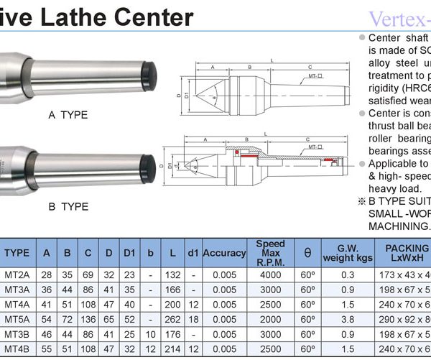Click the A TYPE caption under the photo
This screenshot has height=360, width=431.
[x=68, y=114]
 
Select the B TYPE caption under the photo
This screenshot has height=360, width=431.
[x=68, y=207]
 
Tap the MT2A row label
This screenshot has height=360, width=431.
[x=17, y=275]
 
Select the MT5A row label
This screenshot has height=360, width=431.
[x=17, y=318]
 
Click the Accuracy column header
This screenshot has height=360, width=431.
[x=224, y=254]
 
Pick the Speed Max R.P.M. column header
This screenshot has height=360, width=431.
[x=270, y=254]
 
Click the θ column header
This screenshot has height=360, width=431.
[x=307, y=254]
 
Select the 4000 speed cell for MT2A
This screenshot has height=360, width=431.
[x=270, y=275]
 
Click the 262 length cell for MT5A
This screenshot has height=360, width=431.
[x=173, y=318]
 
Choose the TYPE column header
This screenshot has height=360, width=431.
[x=17, y=254]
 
